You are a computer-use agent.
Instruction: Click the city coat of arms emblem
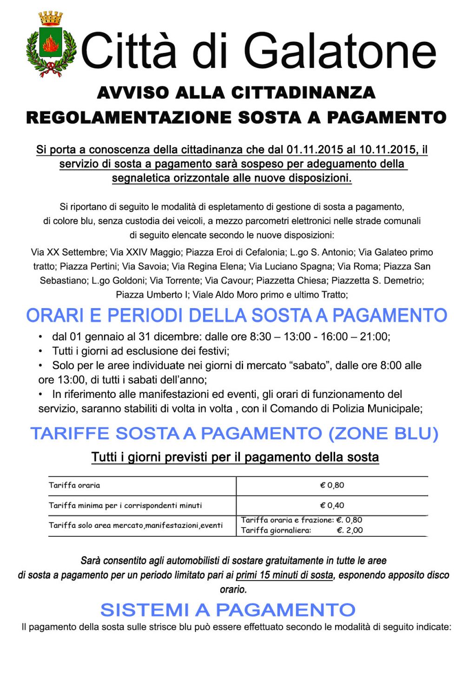click(x=51, y=45)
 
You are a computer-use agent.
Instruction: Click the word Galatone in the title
click(x=340, y=51)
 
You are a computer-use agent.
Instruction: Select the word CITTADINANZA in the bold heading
click(x=303, y=92)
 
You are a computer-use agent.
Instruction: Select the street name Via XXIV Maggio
click(x=145, y=252)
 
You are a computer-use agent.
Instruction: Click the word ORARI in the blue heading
click(x=55, y=316)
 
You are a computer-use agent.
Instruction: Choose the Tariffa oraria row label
click(x=74, y=486)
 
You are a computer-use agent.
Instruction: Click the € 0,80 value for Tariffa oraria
click(x=332, y=486)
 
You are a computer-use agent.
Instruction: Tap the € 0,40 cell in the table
click(x=332, y=506)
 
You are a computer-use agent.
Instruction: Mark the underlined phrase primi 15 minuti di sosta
click(x=284, y=575)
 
